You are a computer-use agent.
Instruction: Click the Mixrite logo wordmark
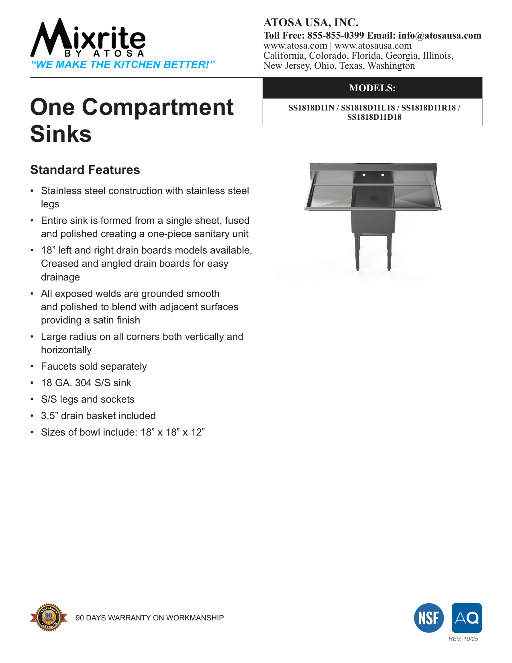[88, 38]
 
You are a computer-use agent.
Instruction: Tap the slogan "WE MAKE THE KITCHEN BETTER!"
[123, 65]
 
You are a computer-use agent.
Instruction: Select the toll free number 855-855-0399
[336, 35]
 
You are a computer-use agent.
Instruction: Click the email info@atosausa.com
[440, 35]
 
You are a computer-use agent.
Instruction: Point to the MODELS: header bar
[372, 88]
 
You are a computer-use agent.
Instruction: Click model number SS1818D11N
[311, 108]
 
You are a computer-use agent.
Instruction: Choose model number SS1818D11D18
[374, 117]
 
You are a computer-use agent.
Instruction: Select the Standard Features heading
[85, 170]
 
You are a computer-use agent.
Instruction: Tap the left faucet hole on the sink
[364, 175]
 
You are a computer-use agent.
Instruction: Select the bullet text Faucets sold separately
[94, 366]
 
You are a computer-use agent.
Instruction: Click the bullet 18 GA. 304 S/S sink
[86, 383]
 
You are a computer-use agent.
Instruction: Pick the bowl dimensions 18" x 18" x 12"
[173, 432]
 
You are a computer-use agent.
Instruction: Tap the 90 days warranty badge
[49, 617]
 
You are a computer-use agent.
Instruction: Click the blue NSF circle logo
[429, 618]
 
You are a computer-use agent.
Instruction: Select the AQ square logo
[467, 618]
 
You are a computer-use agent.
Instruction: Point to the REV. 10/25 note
[463, 639]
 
